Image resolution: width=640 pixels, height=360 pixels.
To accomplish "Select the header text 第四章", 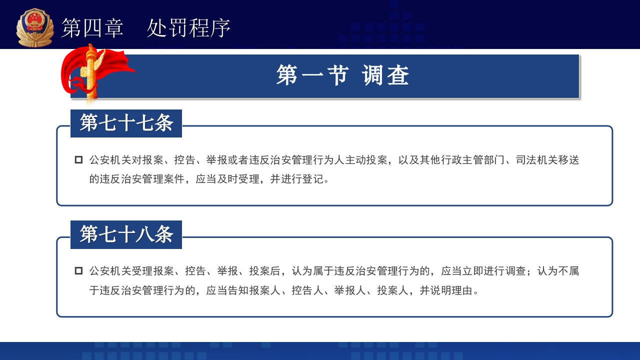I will pyautogui.click(x=92, y=28).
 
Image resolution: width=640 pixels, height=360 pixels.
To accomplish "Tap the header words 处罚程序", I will pyautogui.click(x=188, y=28).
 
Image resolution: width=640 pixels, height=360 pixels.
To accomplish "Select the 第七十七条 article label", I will pyautogui.click(x=126, y=123).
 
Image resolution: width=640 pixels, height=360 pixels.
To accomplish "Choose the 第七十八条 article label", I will pyautogui.click(x=126, y=234).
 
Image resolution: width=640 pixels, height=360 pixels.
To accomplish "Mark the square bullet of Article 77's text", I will pyautogui.click(x=78, y=160).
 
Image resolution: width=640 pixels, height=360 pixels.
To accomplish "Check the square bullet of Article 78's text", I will pyautogui.click(x=78, y=271).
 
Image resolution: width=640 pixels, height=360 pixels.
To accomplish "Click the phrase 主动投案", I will pyautogui.click(x=366, y=160).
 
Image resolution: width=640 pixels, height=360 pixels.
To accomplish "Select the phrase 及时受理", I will pyautogui.click(x=238, y=178).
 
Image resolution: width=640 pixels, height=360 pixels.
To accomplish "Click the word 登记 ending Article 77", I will pyautogui.click(x=313, y=178).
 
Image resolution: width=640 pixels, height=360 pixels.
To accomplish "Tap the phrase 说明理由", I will pyautogui.click(x=451, y=290).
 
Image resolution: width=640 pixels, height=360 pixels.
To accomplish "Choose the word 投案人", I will pyautogui.click(x=393, y=290).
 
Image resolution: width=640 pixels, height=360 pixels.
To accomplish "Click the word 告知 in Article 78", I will pyautogui.click(x=238, y=290).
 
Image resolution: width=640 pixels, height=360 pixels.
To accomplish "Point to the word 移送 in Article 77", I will pyautogui.click(x=568, y=160).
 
